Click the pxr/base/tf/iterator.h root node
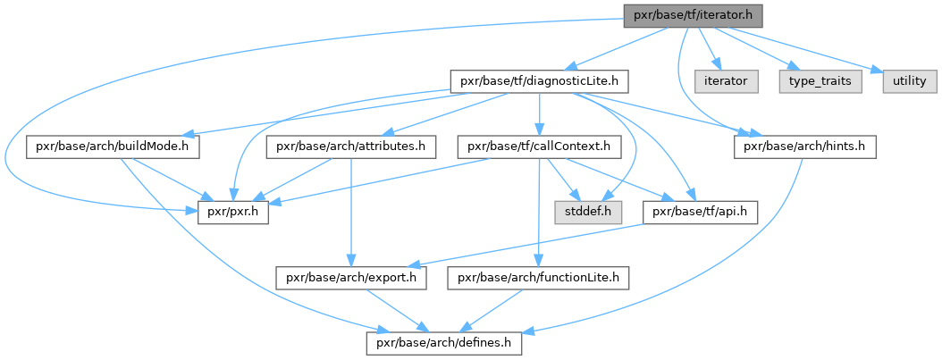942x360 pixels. tap(693, 15)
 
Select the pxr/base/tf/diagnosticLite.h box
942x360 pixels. tap(540, 81)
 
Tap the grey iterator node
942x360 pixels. tap(726, 81)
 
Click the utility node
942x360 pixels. tap(909, 81)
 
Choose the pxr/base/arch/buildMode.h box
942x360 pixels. tap(113, 147)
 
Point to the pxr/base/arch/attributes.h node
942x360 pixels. tap(351, 147)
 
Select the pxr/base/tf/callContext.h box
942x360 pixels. tap(540, 147)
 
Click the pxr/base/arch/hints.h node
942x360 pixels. tap(804, 147)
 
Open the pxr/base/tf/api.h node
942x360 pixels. tap(700, 213)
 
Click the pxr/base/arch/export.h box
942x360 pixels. tap(351, 279)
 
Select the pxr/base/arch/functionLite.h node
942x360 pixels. tap(538, 279)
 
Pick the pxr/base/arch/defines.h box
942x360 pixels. tap(444, 344)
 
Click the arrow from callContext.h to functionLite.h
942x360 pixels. tap(539, 213)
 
